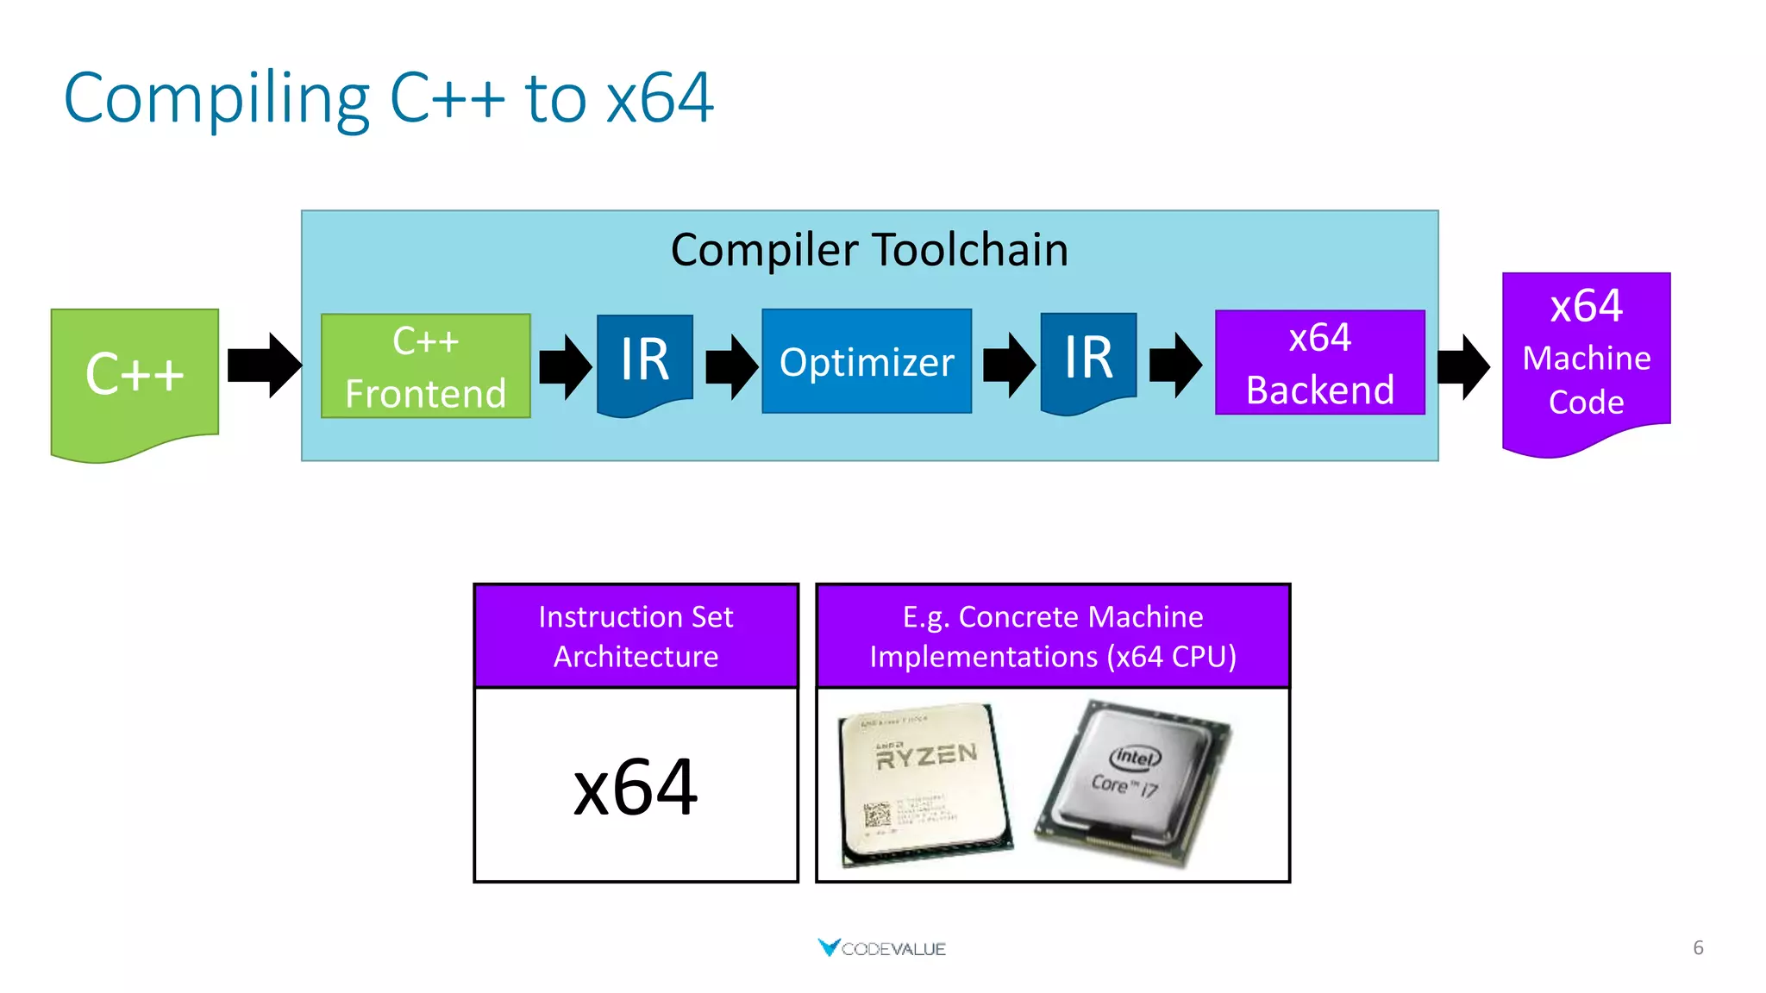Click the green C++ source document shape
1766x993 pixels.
pos(135,376)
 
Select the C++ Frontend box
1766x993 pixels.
pos(425,366)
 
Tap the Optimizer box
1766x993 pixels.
pos(866,361)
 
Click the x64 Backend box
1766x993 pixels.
pos(1319,363)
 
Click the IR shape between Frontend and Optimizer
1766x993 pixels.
pos(644,360)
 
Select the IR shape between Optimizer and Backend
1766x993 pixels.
pos(1088,359)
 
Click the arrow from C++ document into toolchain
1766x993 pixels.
pos(264,365)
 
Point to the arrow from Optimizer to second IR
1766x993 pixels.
pos(1008,365)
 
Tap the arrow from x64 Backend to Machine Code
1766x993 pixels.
pos(1463,366)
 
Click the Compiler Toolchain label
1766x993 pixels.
pos(869,250)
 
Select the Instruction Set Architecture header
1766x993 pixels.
pos(636,636)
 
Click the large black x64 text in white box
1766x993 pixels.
pos(636,786)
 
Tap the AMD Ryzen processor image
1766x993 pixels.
pos(924,783)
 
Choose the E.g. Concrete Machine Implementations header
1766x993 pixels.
pos(1052,636)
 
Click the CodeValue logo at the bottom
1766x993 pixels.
pos(881,948)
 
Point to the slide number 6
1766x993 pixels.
pos(1697,947)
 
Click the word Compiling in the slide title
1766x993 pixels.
pos(216,99)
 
